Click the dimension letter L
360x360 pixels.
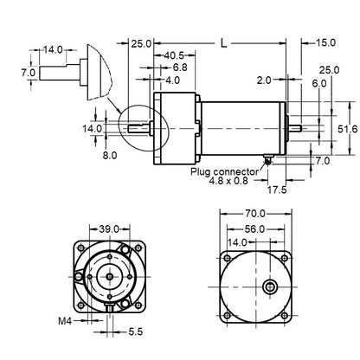pyautogui.click(x=224, y=41)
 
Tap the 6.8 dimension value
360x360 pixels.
pyautogui.click(x=179, y=67)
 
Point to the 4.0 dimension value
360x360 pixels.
pyautogui.click(x=172, y=80)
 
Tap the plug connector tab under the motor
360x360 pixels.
pyautogui.click(x=271, y=159)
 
